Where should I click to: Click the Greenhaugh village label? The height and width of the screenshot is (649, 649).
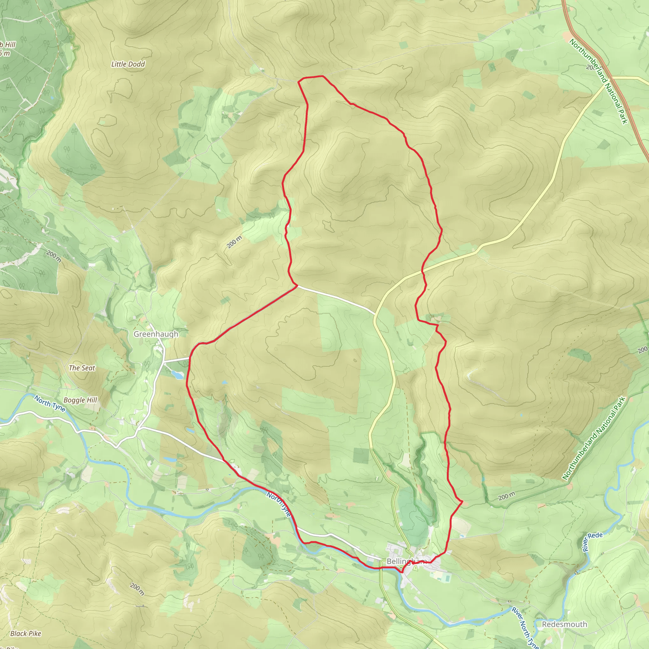[x=156, y=334]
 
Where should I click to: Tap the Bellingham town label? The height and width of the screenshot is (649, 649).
[x=406, y=561]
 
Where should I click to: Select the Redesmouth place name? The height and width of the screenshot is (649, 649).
[x=564, y=624]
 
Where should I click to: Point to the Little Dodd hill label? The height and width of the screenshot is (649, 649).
[x=128, y=64]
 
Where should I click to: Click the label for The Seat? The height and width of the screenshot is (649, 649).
[x=82, y=368]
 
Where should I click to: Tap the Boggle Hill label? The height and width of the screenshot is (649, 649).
[x=80, y=400]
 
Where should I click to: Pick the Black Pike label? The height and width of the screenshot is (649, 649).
[x=26, y=633]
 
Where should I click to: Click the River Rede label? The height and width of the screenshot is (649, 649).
[x=593, y=542]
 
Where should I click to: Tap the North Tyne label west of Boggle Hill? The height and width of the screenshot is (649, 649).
[x=50, y=403]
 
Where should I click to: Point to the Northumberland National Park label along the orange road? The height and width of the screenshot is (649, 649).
[x=598, y=81]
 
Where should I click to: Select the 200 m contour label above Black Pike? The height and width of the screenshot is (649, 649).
[x=54, y=256]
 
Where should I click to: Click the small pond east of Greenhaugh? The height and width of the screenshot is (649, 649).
[x=177, y=374]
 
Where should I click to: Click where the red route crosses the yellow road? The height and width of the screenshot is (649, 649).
[x=423, y=270]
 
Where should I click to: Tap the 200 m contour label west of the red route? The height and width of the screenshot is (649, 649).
[x=234, y=242]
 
